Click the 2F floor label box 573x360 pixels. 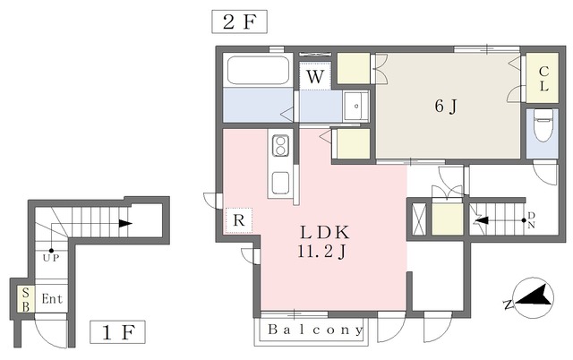click(x=239, y=21)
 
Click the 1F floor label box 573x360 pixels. click(x=117, y=332)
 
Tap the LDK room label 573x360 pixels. click(x=325, y=233)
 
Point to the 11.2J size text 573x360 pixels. click(x=321, y=252)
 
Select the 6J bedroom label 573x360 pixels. click(x=446, y=106)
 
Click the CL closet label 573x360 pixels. click(x=543, y=79)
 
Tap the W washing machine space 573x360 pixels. click(x=315, y=76)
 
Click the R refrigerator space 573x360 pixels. click(x=239, y=220)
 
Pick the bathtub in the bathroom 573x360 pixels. click(x=258, y=70)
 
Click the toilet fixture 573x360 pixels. click(x=542, y=128)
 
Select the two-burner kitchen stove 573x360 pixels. click(x=280, y=145)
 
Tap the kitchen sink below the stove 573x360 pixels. click(x=280, y=182)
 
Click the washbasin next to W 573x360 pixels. click(x=356, y=106)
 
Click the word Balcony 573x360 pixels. click(x=315, y=330)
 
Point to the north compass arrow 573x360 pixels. click(x=534, y=296)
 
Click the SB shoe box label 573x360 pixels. click(x=26, y=299)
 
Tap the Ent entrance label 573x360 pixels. click(x=52, y=299)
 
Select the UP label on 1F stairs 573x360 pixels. click(x=51, y=258)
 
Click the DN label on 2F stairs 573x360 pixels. click(x=531, y=220)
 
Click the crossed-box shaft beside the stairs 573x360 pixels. click(x=419, y=219)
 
